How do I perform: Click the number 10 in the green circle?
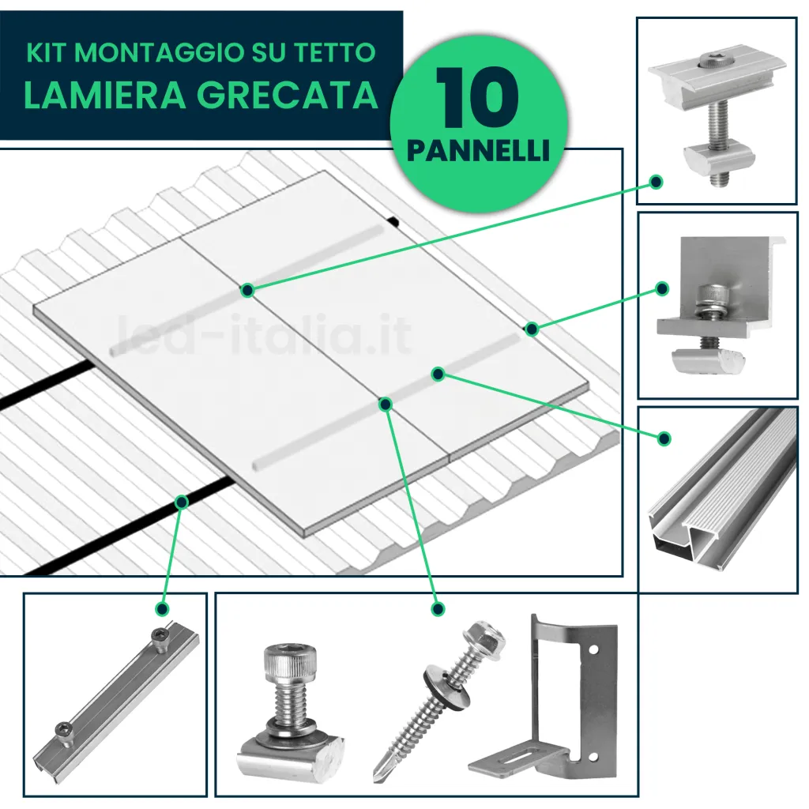476,99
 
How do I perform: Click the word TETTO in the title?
337,53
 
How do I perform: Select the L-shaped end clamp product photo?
715,304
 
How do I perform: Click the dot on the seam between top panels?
247,291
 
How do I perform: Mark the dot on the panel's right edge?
532,328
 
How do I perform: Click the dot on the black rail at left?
182,501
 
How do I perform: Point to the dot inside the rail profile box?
664,438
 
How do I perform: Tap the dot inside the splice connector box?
162,609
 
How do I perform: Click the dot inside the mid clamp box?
656,182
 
